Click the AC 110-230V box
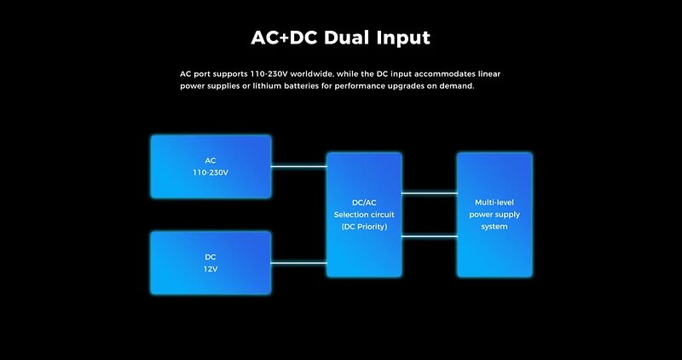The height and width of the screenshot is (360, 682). click(x=211, y=166)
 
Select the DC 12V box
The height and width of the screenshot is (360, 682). click(x=211, y=263)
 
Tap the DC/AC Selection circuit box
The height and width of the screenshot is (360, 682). click(x=364, y=215)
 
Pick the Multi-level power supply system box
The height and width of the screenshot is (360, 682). click(x=494, y=215)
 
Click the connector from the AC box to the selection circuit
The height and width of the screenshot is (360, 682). click(x=299, y=166)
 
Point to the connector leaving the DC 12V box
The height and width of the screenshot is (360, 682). click(x=299, y=263)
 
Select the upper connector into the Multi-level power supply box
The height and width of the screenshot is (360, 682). click(x=430, y=193)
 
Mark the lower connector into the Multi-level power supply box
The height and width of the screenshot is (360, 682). click(x=430, y=236)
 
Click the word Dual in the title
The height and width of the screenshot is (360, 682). click(x=348, y=38)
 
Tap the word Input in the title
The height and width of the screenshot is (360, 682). click(x=403, y=38)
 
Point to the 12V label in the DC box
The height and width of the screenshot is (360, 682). click(x=211, y=269)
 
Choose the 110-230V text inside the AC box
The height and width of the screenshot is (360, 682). click(x=211, y=172)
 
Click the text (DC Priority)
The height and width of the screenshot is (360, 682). click(x=364, y=226)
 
